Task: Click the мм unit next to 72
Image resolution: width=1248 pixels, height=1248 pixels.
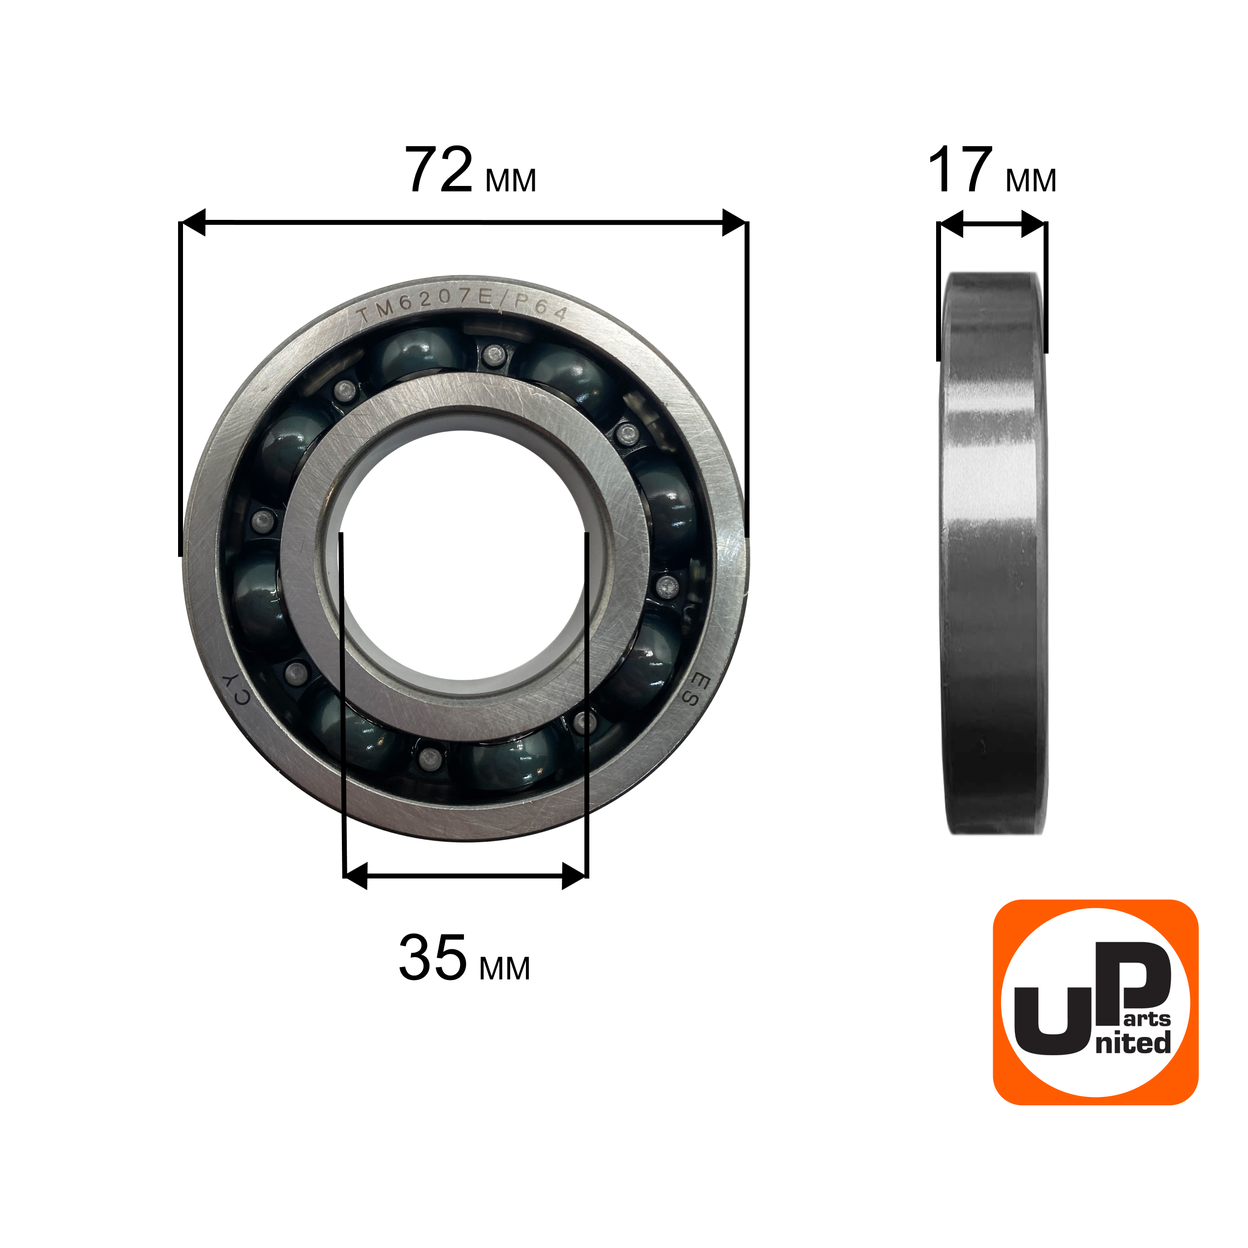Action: coord(510,181)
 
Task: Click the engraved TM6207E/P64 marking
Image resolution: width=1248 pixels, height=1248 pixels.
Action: coord(462,305)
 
